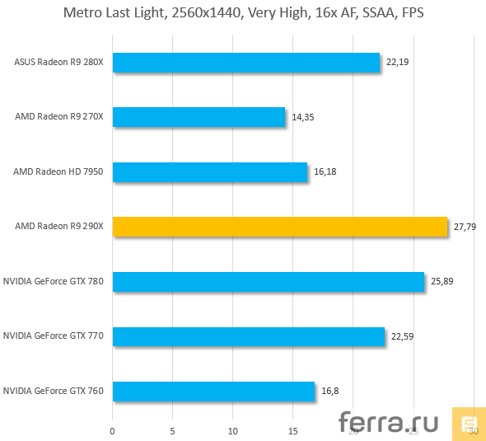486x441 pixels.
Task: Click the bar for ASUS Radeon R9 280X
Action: click(x=245, y=63)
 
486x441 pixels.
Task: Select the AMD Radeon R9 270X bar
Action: click(x=199, y=117)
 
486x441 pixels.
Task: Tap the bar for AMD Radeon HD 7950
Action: click(x=209, y=172)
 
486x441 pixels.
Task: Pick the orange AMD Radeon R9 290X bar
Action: click(x=279, y=227)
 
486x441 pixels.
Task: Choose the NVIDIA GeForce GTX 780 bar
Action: click(x=268, y=282)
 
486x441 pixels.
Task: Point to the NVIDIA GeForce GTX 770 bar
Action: click(x=248, y=336)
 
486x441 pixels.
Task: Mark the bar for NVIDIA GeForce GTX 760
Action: click(x=213, y=391)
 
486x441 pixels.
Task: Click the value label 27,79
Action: click(x=465, y=227)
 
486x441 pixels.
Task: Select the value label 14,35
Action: click(x=302, y=117)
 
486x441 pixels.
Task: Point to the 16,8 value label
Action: click(x=329, y=392)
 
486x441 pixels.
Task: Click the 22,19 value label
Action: click(x=397, y=63)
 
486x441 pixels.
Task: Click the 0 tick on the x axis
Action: click(x=113, y=429)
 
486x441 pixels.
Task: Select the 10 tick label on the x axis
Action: click(x=233, y=429)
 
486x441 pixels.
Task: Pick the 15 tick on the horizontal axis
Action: click(x=293, y=429)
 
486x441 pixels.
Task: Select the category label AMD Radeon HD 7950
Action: click(x=58, y=172)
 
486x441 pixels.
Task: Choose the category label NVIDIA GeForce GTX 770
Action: click(x=54, y=336)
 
